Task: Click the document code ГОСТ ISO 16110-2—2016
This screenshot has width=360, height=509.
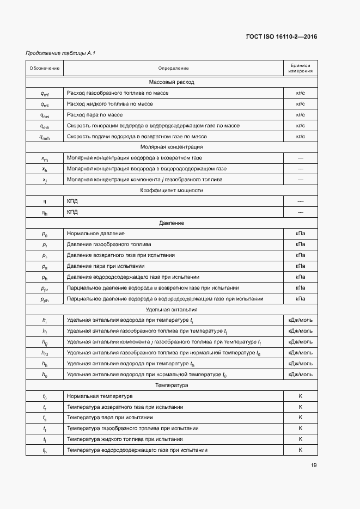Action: pyautogui.click(x=282, y=37)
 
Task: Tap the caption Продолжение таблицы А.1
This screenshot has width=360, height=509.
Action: pyautogui.click(x=53, y=53)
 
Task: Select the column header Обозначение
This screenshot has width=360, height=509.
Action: pyautogui.click(x=45, y=68)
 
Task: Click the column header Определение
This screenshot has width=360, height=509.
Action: pyautogui.click(x=173, y=68)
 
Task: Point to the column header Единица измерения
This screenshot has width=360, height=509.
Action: pyautogui.click(x=300, y=68)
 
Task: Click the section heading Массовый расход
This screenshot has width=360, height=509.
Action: pyautogui.click(x=172, y=82)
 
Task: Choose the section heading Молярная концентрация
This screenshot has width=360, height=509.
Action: pyautogui.click(x=172, y=147)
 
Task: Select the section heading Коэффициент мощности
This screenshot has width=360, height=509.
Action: pyautogui.click(x=172, y=191)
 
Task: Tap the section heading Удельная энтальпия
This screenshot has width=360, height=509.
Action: pyautogui.click(x=172, y=309)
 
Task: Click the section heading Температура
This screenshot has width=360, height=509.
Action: pyautogui.click(x=172, y=385)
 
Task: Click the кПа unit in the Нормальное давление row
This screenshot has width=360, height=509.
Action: pyautogui.click(x=300, y=234)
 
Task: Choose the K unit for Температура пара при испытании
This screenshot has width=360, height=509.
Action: pyautogui.click(x=300, y=418)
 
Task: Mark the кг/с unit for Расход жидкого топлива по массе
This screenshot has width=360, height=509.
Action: pyautogui.click(x=300, y=104)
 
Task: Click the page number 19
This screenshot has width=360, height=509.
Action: pyautogui.click(x=314, y=465)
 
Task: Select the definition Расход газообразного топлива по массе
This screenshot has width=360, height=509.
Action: pyautogui.click(x=118, y=93)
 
